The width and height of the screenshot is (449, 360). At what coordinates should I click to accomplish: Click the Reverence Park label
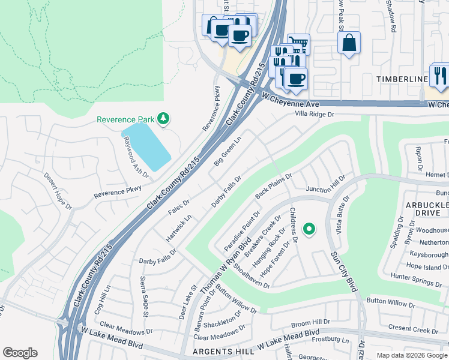point(125,119)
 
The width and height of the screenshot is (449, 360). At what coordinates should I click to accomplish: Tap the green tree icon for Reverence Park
point(162,118)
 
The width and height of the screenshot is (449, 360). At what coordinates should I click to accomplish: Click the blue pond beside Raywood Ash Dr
point(146,146)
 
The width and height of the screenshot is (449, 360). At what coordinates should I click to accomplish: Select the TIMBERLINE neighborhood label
point(402,79)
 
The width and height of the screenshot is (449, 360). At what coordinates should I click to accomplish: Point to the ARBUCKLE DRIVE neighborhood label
point(427,209)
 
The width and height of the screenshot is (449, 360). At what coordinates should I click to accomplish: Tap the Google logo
point(20,353)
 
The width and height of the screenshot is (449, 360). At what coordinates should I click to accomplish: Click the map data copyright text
point(412,355)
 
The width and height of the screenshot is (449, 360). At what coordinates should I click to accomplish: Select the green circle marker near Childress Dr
point(309,229)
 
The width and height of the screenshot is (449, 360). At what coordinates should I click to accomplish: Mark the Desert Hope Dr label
point(58,191)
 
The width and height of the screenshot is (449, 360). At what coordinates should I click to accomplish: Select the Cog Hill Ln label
point(101,296)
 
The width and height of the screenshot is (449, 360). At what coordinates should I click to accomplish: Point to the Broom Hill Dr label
point(311,322)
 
